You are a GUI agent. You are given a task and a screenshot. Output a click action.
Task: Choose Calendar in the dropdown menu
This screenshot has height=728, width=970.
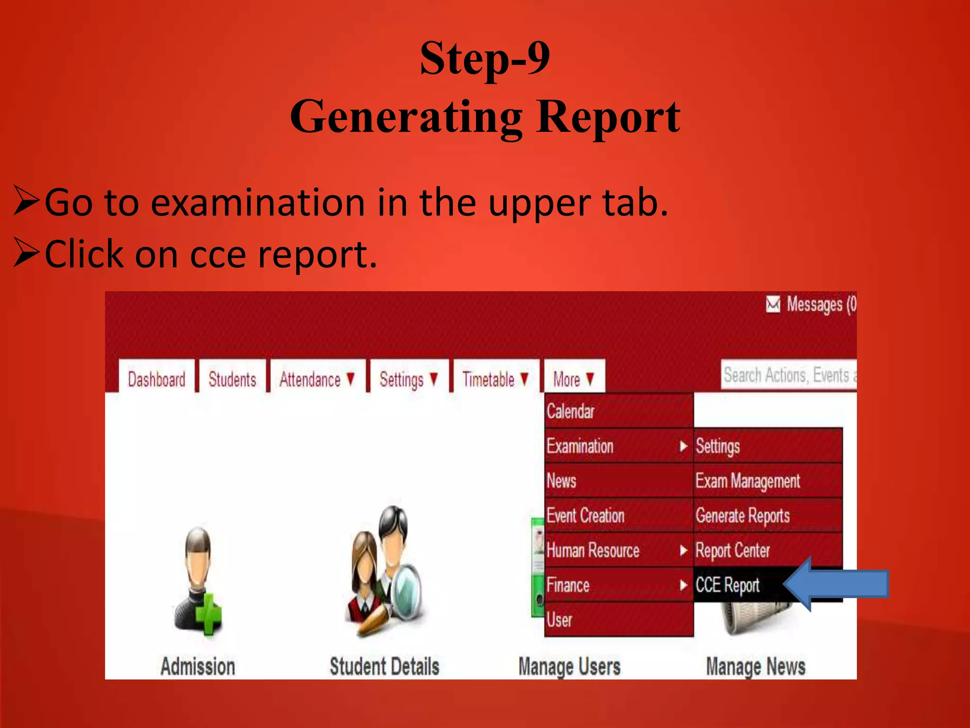tap(571, 411)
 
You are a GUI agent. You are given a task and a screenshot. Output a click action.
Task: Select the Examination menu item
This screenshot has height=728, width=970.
tap(580, 446)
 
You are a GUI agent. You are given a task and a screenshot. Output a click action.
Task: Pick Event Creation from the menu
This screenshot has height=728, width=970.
tap(585, 515)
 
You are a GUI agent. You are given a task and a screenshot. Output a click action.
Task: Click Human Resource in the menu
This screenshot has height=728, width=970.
tap(593, 550)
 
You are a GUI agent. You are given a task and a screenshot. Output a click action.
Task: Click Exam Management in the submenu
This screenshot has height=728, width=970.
tap(747, 481)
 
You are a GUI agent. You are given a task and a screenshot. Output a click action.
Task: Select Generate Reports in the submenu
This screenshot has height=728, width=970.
tap(742, 515)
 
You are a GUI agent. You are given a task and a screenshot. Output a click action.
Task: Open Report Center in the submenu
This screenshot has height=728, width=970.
tap(732, 550)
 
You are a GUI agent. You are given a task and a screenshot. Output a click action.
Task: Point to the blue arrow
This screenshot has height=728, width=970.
tap(836, 584)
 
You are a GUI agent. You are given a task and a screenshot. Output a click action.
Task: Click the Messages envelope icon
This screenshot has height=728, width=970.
tap(773, 304)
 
